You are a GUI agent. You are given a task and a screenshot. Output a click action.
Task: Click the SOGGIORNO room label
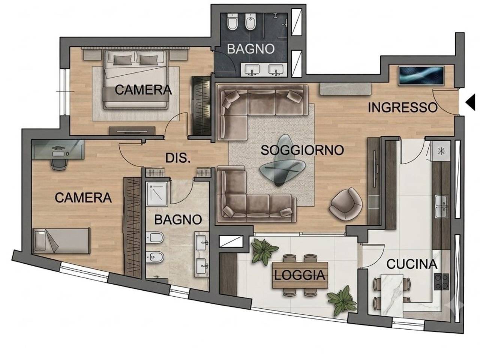(x=302, y=150)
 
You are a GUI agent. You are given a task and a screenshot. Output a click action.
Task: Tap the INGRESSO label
(x=403, y=108)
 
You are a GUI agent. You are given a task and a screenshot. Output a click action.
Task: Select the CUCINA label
(x=412, y=264)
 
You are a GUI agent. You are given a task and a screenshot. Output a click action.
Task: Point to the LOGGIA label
(x=300, y=275)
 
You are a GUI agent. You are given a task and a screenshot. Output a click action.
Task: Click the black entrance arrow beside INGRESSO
(x=471, y=102)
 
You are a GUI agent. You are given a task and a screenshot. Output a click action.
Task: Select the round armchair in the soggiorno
(x=345, y=204)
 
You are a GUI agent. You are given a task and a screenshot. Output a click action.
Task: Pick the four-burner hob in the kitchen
(x=441, y=282)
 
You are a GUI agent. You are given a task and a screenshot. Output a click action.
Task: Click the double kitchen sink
(x=441, y=206)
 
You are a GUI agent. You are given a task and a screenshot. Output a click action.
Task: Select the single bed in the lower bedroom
(x=62, y=241)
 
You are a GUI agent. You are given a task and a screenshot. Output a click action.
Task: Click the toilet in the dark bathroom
(x=232, y=22)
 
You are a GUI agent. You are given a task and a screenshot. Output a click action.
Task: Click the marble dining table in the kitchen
(x=391, y=295)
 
